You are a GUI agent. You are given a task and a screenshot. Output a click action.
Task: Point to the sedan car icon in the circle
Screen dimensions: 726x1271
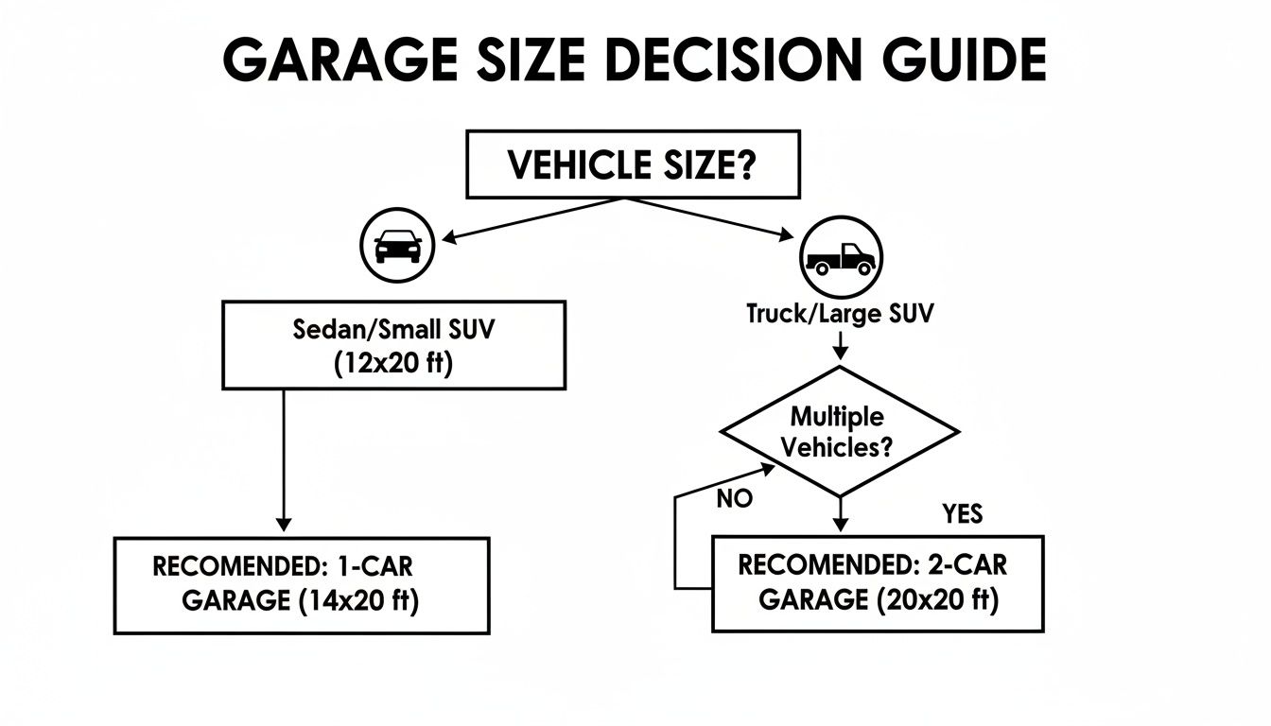[397, 246]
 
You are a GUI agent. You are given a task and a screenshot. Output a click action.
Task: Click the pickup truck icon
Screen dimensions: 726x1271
[841, 258]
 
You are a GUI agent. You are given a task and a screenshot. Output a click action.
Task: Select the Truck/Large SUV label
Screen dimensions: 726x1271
[840, 314]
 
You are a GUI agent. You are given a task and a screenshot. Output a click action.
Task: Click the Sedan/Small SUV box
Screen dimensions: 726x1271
[393, 344]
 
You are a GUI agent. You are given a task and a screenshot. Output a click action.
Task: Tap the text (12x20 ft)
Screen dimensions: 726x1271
[393, 364]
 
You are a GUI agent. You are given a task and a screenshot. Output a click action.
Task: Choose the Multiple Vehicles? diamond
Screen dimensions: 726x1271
[840, 431]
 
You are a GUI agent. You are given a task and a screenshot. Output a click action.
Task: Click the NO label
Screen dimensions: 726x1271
[734, 499]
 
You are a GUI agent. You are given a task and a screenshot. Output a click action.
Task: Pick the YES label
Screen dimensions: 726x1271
[962, 513]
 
